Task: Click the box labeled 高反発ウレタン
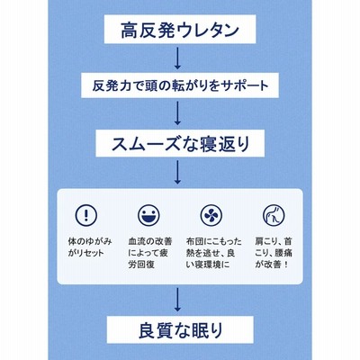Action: (180, 29)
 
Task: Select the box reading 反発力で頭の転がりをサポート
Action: (180, 85)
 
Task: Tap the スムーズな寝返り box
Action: (180, 143)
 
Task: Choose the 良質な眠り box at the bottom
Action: (180, 329)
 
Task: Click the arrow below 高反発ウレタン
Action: (177, 58)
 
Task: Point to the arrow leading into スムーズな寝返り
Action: (177, 112)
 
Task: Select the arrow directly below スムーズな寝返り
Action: (177, 172)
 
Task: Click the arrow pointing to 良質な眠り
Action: (177, 300)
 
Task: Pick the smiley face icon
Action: (148, 215)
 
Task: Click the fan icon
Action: (211, 215)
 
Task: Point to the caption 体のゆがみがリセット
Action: (90, 247)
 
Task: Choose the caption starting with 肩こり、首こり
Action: (274, 253)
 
